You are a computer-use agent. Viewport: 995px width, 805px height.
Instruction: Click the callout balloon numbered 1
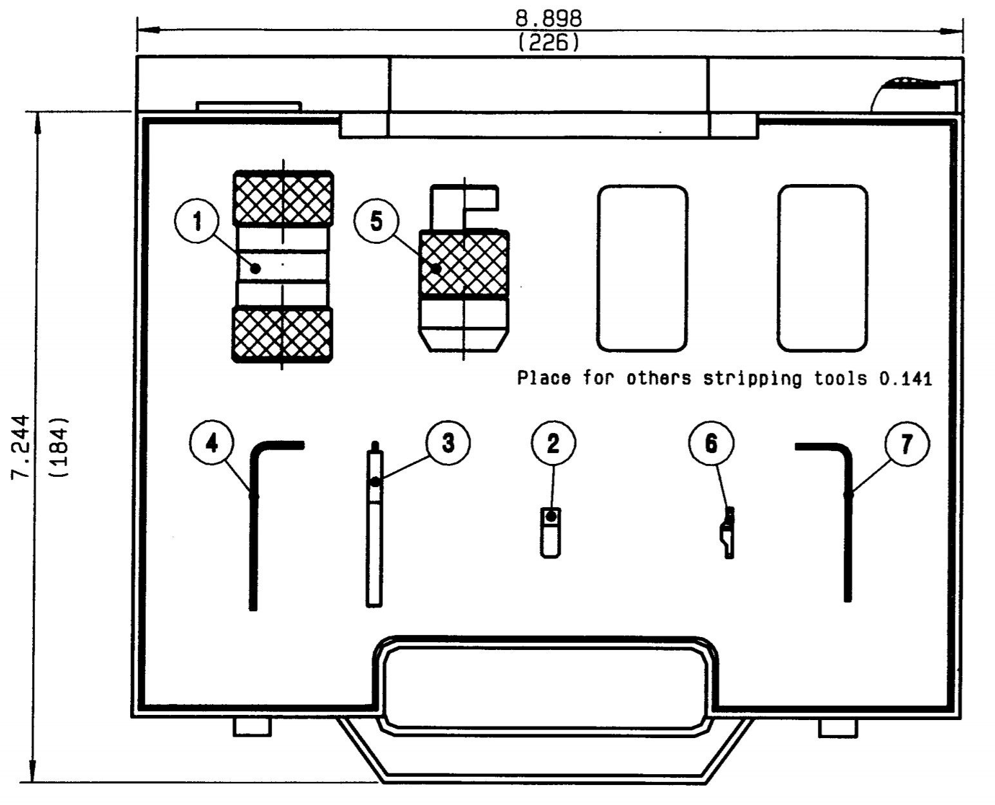[197, 222]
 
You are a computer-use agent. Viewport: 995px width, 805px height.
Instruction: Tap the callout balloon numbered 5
[377, 221]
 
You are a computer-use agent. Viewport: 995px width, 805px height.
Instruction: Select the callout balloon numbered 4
[212, 443]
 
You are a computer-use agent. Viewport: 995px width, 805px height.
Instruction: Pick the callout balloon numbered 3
[448, 443]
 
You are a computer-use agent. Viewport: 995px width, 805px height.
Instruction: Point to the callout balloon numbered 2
[553, 443]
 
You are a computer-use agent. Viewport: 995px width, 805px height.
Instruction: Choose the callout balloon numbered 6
[711, 443]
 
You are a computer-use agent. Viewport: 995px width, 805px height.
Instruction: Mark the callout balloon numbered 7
[907, 443]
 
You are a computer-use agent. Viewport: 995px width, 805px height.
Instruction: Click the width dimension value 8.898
[549, 18]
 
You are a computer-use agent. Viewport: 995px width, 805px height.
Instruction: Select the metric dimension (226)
[549, 42]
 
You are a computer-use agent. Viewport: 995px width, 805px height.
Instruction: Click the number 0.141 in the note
[905, 378]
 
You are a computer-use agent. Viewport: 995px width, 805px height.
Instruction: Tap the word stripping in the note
[752, 378]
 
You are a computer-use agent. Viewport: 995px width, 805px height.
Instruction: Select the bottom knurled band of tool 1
[283, 335]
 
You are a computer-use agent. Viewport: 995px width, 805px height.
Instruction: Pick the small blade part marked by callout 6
[727, 533]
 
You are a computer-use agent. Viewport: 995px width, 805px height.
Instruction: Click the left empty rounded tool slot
[641, 268]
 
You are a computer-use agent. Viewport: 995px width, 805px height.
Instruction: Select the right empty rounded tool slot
[822, 268]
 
